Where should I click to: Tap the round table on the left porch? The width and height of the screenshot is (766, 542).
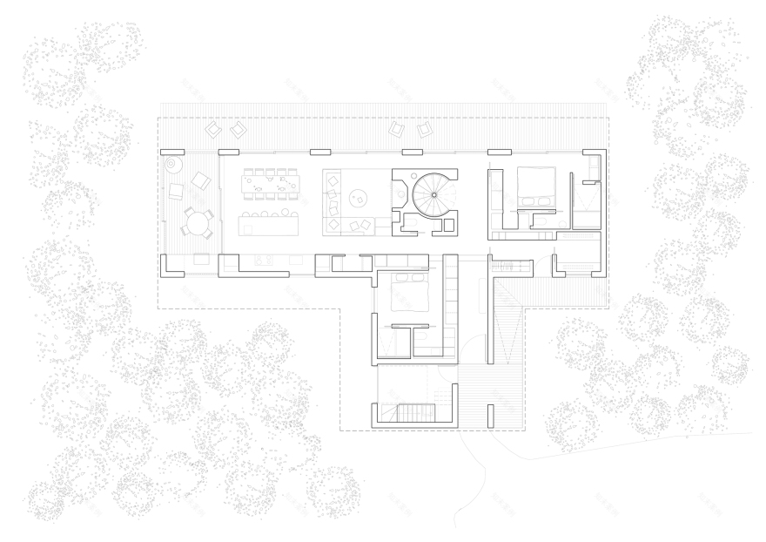[198, 224]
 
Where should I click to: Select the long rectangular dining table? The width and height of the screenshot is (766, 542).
[266, 182]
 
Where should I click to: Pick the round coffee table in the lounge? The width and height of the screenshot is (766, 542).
[356, 200]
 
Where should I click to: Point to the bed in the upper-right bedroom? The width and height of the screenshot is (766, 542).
[534, 186]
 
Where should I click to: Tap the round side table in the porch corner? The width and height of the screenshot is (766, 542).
[172, 163]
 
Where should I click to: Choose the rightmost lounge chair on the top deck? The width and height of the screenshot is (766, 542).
[425, 130]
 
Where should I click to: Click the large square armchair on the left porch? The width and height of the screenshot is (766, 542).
[201, 181]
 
